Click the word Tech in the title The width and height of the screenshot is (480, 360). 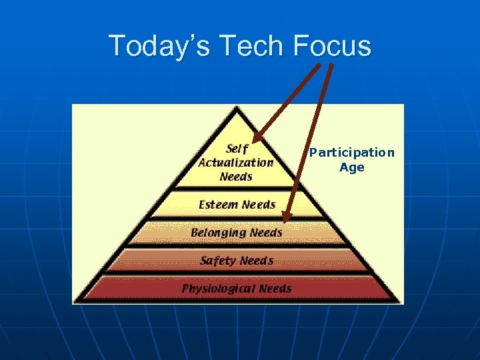point(245,46)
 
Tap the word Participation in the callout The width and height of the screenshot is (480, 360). point(351,153)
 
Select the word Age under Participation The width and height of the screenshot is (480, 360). point(351,167)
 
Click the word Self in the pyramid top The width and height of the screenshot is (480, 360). point(237,148)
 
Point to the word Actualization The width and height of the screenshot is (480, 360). point(236,163)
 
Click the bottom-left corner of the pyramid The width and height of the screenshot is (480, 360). point(75,302)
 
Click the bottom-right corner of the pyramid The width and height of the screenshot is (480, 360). point(399,302)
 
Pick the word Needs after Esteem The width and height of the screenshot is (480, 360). point(259,205)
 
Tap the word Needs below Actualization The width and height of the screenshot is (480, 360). point(236,177)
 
